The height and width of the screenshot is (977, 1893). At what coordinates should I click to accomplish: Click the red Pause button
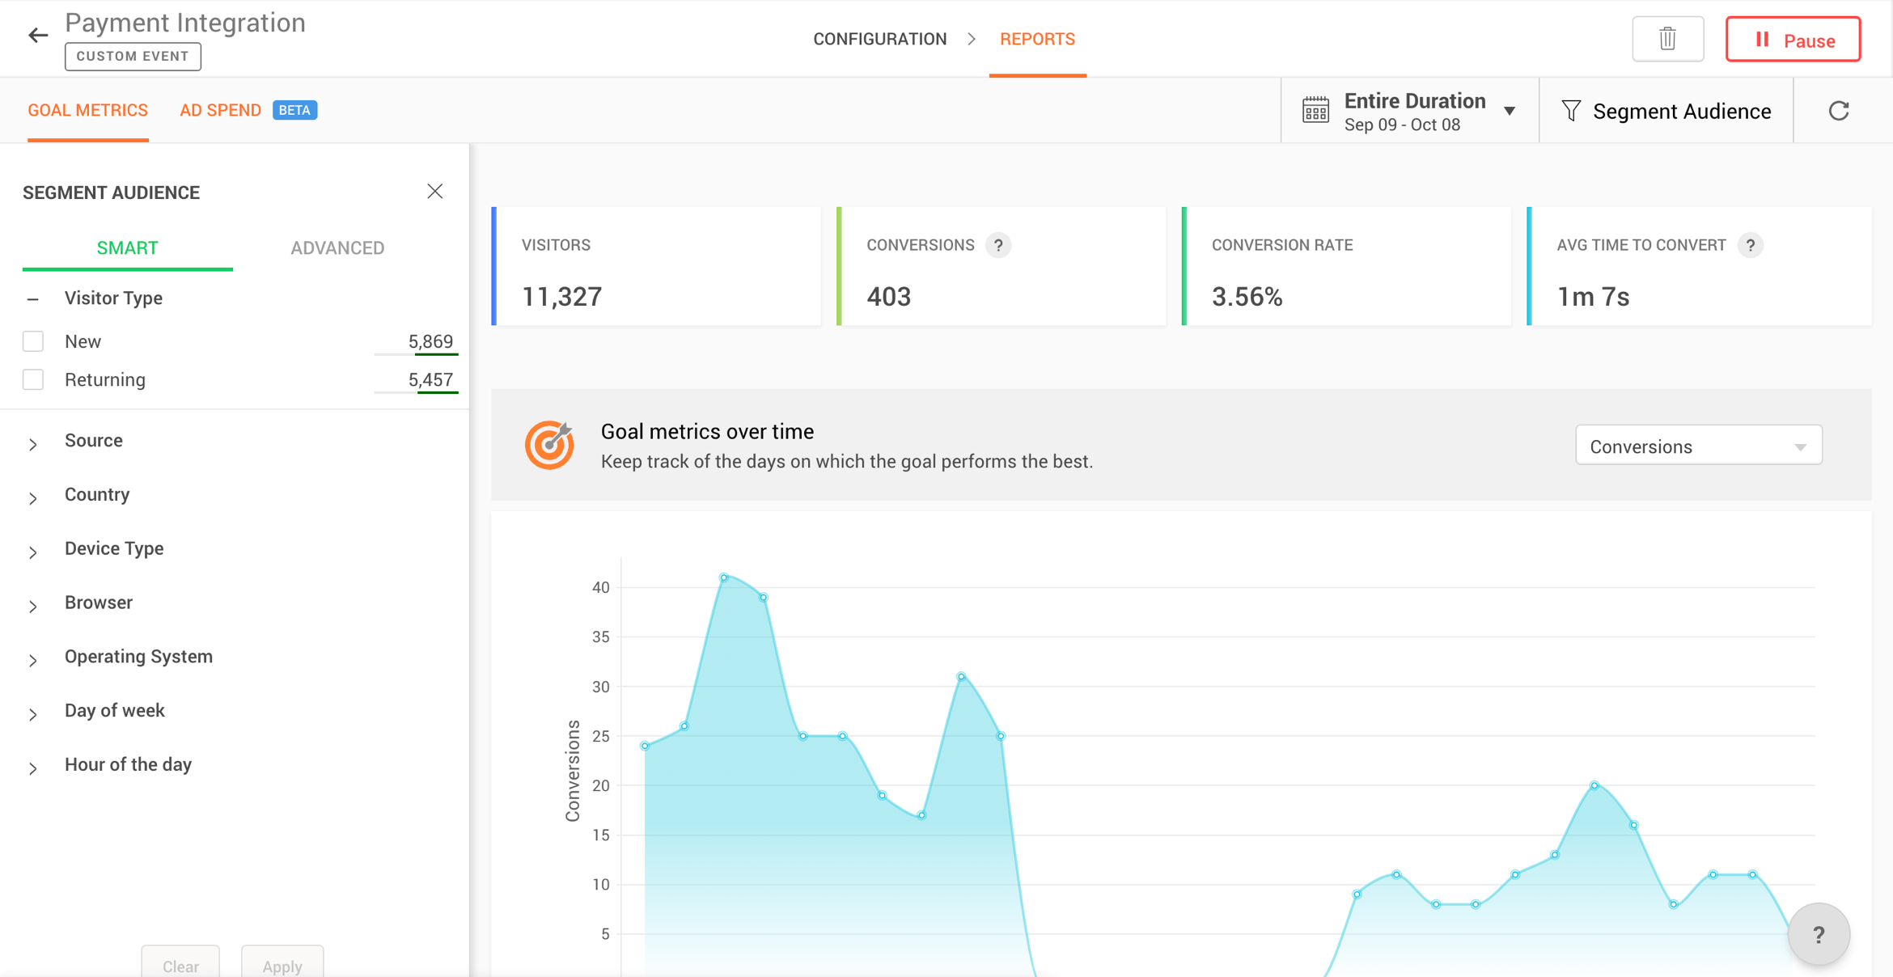point(1793,40)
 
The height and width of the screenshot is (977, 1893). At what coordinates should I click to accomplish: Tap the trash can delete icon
point(1667,39)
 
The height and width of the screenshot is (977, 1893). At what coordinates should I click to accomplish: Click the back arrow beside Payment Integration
point(38,35)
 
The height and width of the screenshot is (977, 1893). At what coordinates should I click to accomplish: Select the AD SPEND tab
point(220,110)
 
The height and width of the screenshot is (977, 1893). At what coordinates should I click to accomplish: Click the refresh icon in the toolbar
point(1839,111)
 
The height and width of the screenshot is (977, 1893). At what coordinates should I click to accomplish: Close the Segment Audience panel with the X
point(435,192)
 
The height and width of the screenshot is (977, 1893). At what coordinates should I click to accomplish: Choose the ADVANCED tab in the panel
point(337,247)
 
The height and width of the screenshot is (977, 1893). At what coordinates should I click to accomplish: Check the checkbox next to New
point(33,341)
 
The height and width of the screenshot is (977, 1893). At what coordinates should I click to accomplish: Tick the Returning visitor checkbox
point(33,379)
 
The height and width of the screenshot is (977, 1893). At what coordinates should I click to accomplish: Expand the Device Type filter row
point(114,548)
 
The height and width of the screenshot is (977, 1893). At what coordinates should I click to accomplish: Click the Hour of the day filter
point(128,764)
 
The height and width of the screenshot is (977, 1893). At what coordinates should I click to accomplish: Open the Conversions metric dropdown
point(1698,446)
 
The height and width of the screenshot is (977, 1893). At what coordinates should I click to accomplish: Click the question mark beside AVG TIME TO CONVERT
point(1750,245)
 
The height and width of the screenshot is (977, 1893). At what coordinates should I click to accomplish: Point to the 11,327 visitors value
point(561,297)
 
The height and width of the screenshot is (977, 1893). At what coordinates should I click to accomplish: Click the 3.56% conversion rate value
point(1247,297)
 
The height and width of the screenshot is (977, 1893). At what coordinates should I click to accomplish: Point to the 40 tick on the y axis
point(600,588)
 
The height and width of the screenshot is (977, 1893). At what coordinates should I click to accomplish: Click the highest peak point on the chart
point(724,577)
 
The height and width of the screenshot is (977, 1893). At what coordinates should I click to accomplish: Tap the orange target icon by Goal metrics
point(549,445)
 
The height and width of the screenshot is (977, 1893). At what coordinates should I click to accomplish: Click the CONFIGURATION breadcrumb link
point(879,39)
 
